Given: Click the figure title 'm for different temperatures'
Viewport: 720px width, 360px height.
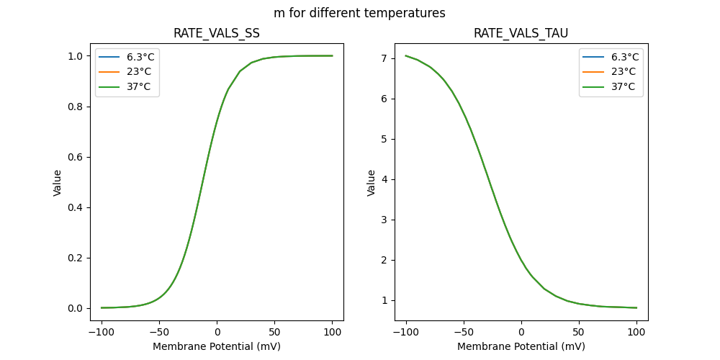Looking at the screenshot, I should pos(359,13).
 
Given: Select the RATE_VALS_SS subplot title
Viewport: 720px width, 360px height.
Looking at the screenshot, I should pos(217,33).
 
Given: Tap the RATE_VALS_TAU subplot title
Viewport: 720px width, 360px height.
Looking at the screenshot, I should pos(521,33).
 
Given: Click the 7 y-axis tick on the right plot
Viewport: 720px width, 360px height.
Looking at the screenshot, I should pos(385,58).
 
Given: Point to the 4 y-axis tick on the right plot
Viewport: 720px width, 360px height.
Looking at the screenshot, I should pos(385,179).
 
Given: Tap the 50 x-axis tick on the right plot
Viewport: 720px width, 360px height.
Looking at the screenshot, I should pos(578,332).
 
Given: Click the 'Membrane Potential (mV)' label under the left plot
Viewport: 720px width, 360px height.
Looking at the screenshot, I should pos(217,346).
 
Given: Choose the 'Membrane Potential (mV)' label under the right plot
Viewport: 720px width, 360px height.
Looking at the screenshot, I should pos(521,346).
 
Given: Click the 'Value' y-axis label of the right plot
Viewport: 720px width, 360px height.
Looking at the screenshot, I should pos(372,183).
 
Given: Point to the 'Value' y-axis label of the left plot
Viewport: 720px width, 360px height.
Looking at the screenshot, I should pos(58,183).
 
